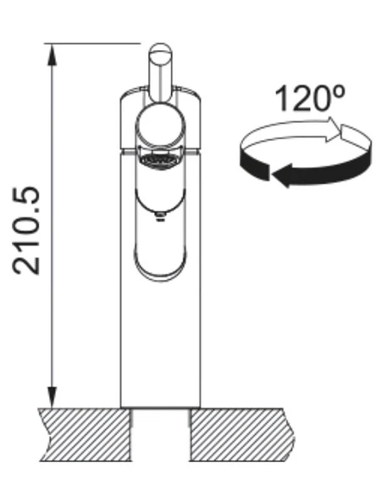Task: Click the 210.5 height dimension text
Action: (x=28, y=229)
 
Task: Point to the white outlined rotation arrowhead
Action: (x=352, y=132)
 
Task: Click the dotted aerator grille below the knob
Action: (x=161, y=159)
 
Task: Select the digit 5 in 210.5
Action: (x=28, y=197)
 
